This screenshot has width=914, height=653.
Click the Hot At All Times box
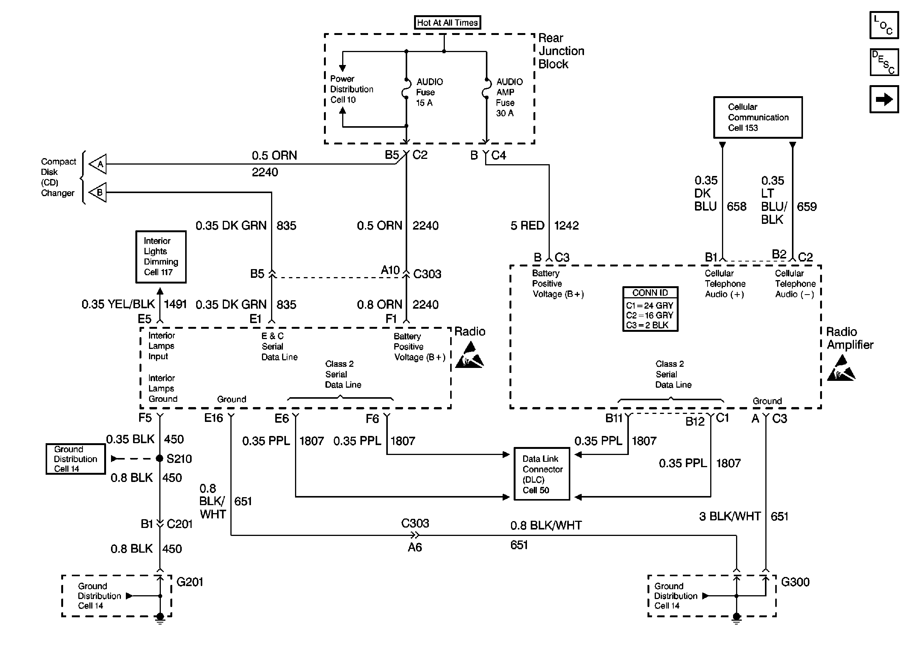tap(447, 22)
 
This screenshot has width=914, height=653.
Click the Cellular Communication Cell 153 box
tap(758, 117)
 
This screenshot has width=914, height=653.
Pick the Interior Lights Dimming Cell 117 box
tap(161, 257)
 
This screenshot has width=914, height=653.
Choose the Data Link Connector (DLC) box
tap(542, 474)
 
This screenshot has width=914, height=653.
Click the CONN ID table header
tap(650, 293)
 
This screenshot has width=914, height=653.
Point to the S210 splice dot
tap(160, 458)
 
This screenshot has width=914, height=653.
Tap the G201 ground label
tap(190, 582)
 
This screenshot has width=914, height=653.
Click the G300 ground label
tap(795, 582)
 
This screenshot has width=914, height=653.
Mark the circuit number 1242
tap(566, 225)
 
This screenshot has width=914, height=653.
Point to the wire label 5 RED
tap(527, 225)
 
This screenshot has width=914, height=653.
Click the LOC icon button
tap(884, 25)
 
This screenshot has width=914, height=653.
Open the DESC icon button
tap(884, 62)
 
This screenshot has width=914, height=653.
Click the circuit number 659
tap(807, 207)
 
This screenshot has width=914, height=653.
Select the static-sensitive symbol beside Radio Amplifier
tap(841, 369)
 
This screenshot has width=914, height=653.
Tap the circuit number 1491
tap(175, 304)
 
